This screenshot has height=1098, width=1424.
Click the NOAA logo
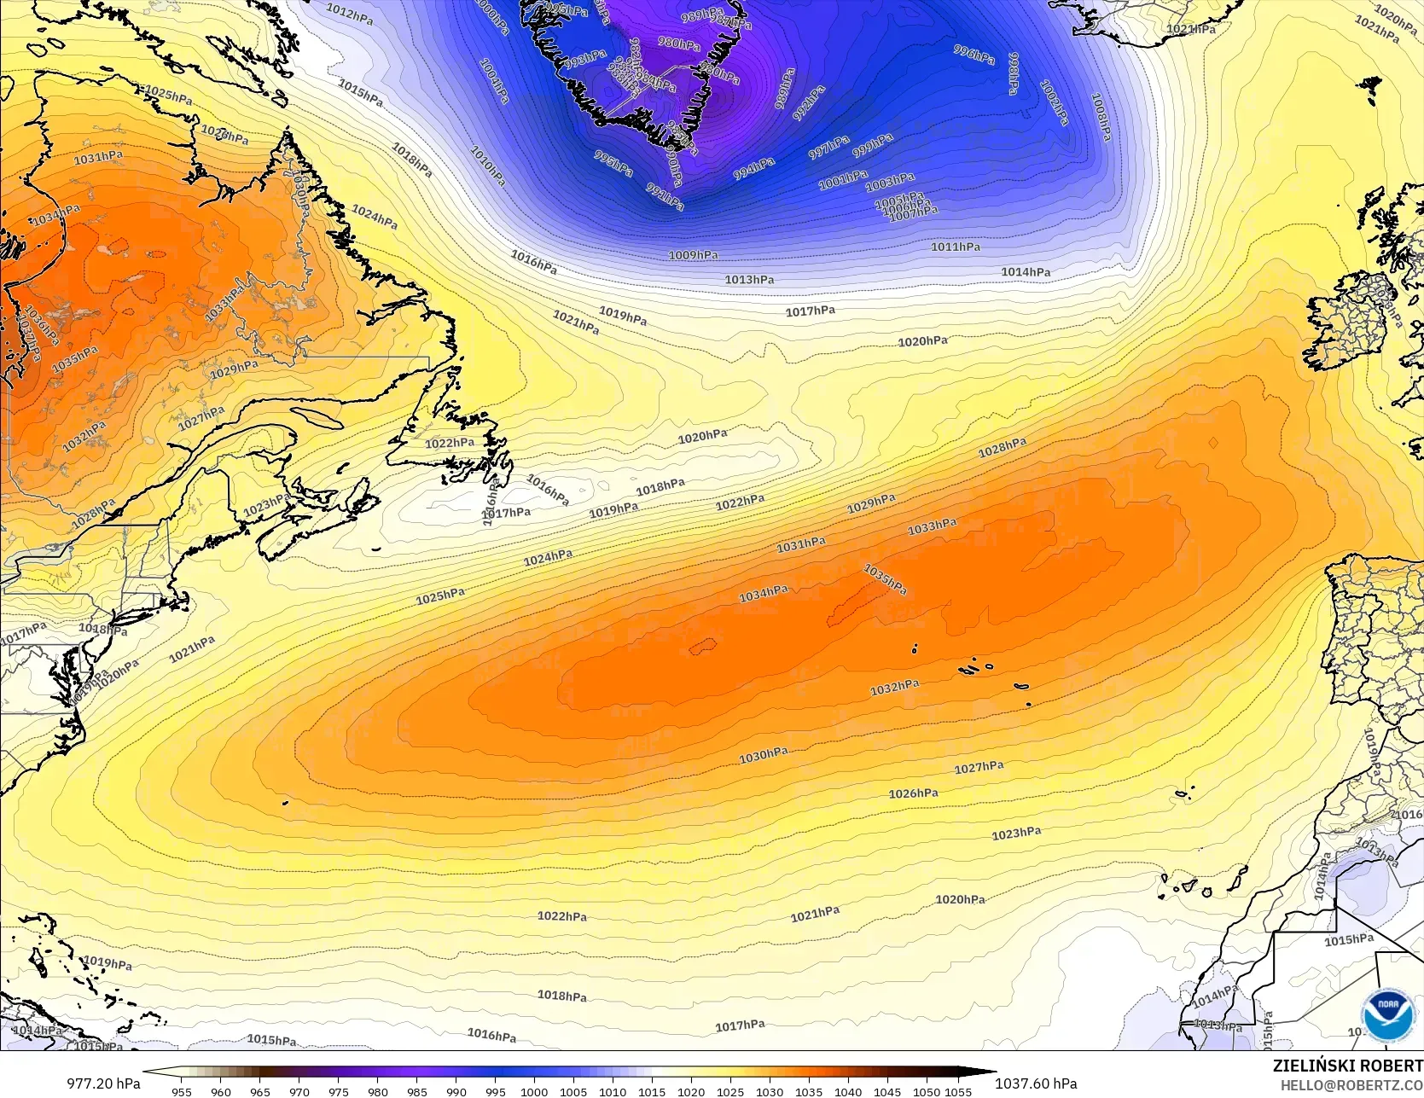[x=1387, y=1015]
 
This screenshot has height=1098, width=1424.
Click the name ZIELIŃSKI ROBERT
[x=1347, y=1066]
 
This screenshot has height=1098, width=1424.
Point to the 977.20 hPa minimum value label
[x=103, y=1083]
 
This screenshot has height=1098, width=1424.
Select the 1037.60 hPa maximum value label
[x=1036, y=1083]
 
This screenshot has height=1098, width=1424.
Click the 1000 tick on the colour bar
[x=534, y=1091]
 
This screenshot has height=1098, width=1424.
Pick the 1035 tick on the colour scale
[x=809, y=1091]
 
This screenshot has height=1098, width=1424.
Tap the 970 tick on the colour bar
[x=299, y=1091]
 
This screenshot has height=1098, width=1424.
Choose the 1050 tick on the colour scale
[x=927, y=1091]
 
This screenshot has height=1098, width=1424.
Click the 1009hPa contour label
[x=693, y=255]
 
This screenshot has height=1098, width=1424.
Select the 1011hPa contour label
[x=956, y=247]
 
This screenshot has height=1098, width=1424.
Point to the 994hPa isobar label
[x=754, y=169]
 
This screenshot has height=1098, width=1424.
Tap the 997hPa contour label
[x=829, y=148]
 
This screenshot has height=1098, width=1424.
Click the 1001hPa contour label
[x=843, y=180]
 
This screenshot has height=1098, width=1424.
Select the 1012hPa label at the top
[x=350, y=15]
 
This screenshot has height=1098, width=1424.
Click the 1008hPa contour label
[x=1101, y=117]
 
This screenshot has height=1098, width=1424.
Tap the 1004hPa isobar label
[x=494, y=81]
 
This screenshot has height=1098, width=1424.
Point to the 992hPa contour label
[x=809, y=102]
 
